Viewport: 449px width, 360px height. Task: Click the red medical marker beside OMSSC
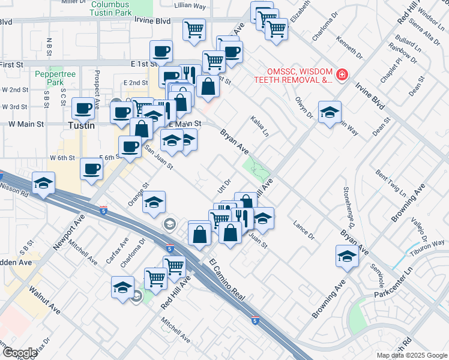[342, 74]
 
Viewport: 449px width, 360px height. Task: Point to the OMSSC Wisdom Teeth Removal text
[293, 74]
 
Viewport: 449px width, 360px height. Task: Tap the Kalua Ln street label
[259, 126]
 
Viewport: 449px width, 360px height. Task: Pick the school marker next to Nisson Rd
[44, 184]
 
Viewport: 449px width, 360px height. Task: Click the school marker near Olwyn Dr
[330, 112]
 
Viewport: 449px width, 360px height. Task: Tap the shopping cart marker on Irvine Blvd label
[194, 29]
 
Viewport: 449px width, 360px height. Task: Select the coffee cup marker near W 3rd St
[83, 109]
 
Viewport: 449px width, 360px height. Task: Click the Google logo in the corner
[20, 353]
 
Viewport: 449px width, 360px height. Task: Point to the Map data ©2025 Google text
[412, 355]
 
